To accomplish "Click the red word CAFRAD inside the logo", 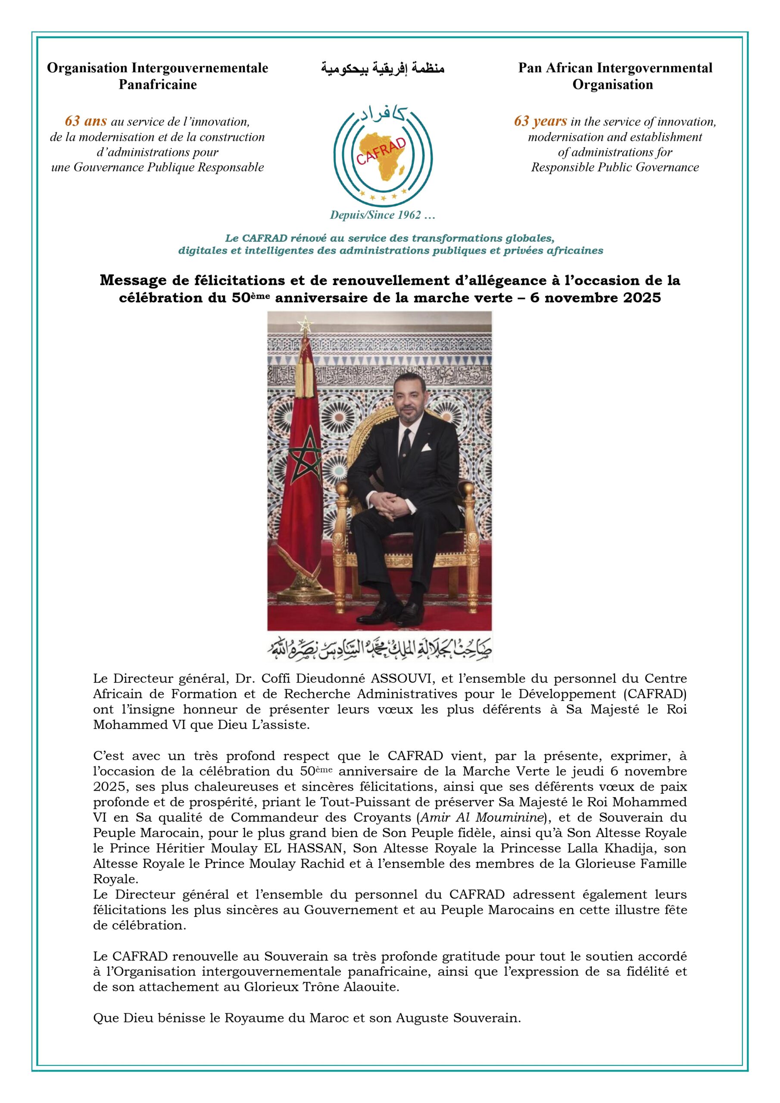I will pyautogui.click(x=381, y=151).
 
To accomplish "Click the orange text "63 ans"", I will pyautogui.click(x=86, y=121).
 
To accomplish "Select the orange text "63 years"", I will pyautogui.click(x=540, y=121).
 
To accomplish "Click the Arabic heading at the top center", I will pyautogui.click(x=383, y=69).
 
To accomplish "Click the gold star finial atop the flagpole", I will pyautogui.click(x=303, y=324).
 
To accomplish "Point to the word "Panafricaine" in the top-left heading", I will pyautogui.click(x=158, y=85).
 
